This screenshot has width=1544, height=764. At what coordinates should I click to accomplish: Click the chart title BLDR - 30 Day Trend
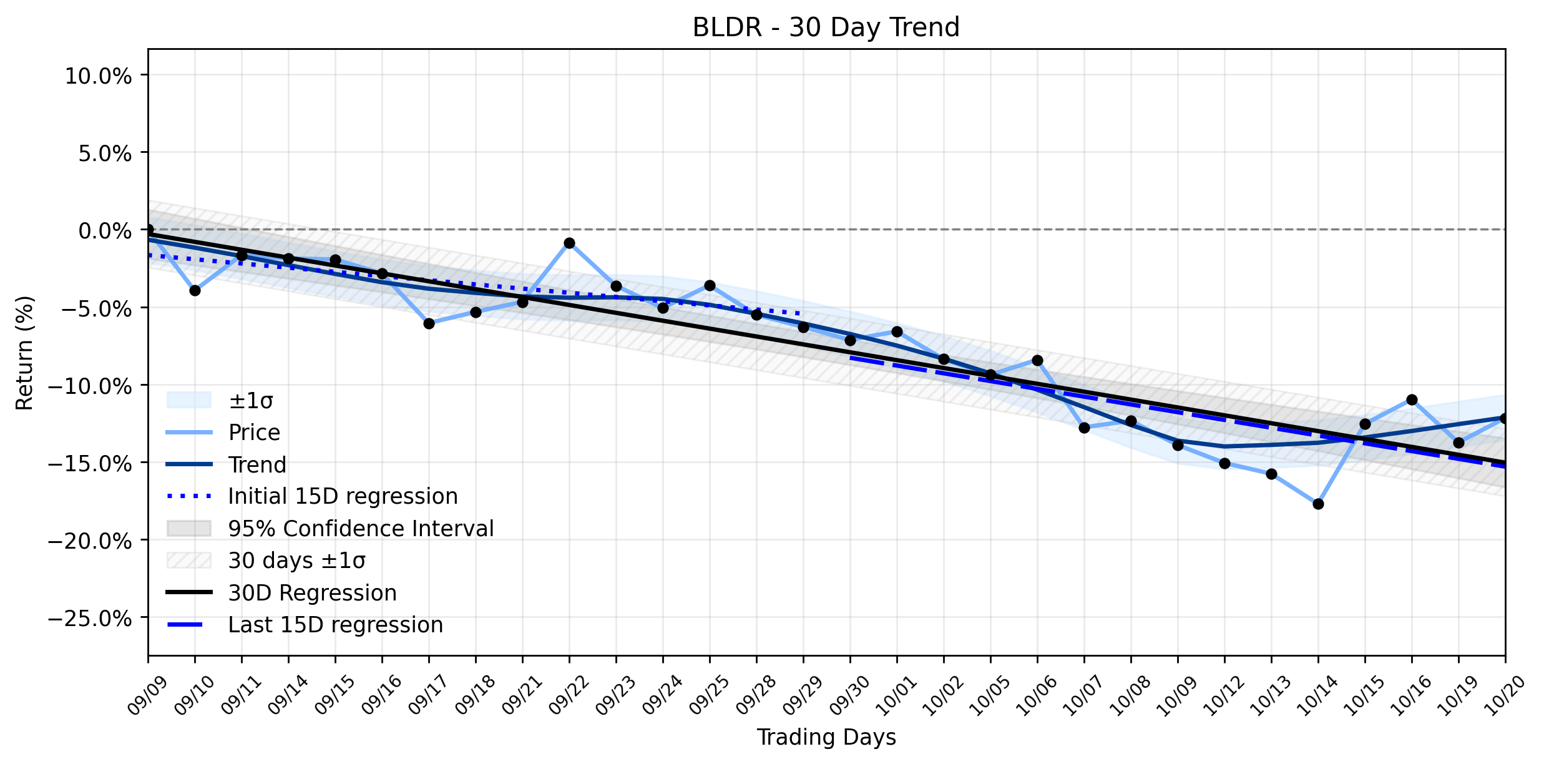826,27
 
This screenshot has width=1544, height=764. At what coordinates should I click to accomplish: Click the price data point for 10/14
1318,504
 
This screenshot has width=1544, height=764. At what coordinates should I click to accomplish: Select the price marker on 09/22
569,243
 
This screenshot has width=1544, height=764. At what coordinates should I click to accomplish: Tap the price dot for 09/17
429,323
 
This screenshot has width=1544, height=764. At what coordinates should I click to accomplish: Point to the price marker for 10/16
1412,399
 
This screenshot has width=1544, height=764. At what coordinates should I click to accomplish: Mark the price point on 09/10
195,290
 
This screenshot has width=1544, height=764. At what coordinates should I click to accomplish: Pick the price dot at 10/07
1084,428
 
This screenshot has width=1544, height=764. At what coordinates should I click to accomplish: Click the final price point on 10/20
1505,418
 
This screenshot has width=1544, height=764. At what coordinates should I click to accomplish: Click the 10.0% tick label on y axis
98,76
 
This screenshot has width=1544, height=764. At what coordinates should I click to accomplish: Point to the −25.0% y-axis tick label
90,619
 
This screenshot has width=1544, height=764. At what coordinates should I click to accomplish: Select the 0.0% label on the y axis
105,231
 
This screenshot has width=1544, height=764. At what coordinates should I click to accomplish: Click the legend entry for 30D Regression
312,593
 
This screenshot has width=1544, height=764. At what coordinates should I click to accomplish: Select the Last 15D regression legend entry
336,625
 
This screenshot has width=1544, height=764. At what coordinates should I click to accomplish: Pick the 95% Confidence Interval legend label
361,529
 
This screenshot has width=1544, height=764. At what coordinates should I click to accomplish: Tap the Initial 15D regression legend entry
343,496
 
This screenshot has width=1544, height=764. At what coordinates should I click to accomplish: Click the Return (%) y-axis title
24,353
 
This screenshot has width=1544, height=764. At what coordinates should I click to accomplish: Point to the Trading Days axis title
826,737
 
